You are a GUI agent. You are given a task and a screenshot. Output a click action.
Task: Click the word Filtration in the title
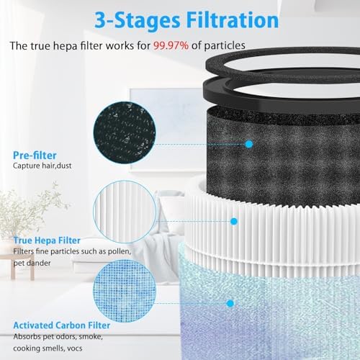pyautogui.click(x=233, y=20)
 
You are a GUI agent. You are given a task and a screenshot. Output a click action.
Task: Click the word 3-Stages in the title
pyautogui.click(x=137, y=21)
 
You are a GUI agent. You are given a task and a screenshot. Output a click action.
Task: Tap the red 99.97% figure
pyautogui.click(x=171, y=45)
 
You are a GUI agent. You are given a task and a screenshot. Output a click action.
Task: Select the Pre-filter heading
pyautogui.click(x=35, y=156)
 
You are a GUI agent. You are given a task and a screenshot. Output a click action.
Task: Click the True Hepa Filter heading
pyautogui.click(x=47, y=240)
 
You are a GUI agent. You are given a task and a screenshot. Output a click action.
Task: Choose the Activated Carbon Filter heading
pyautogui.click(x=62, y=325)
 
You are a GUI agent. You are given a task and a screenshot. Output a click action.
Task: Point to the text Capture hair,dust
pyautogui.click(x=42, y=166)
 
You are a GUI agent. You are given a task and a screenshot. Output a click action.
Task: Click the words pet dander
pyautogui.click(x=32, y=263)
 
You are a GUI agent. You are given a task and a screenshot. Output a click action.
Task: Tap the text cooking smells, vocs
pyautogui.click(x=48, y=348)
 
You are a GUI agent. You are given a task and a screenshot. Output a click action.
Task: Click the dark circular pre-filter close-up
pyautogui.click(x=125, y=132)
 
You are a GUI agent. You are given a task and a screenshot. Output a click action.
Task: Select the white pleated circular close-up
pyautogui.click(x=125, y=212)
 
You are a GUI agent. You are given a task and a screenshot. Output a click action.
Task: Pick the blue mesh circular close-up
pyautogui.click(x=125, y=291)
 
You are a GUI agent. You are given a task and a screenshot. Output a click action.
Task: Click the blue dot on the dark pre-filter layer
pyautogui.click(x=249, y=144)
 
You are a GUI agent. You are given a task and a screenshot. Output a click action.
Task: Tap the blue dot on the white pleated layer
pyautogui.click(x=234, y=221)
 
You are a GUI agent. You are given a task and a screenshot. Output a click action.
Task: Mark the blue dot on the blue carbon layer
pyautogui.click(x=230, y=303)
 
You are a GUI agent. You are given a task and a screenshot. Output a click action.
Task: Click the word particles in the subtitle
pyautogui.click(x=225, y=45)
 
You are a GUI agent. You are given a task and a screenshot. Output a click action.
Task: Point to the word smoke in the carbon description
pyautogui.click(x=91, y=337)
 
